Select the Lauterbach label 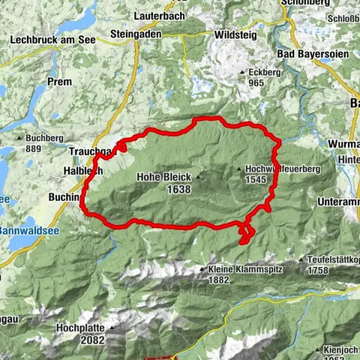click(x=157, y=15)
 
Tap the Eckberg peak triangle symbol click(x=241, y=72)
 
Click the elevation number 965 click(x=256, y=82)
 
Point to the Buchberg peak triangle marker click(x=20, y=138)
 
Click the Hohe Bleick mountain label click(x=163, y=178)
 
